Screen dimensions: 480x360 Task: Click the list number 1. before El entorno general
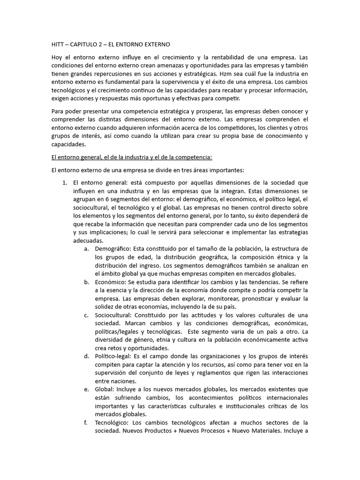(x=65, y=183)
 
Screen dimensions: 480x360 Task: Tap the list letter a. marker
(x=87, y=248)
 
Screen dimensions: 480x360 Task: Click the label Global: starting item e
(x=105, y=390)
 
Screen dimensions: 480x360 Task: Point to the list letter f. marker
(x=86, y=423)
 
